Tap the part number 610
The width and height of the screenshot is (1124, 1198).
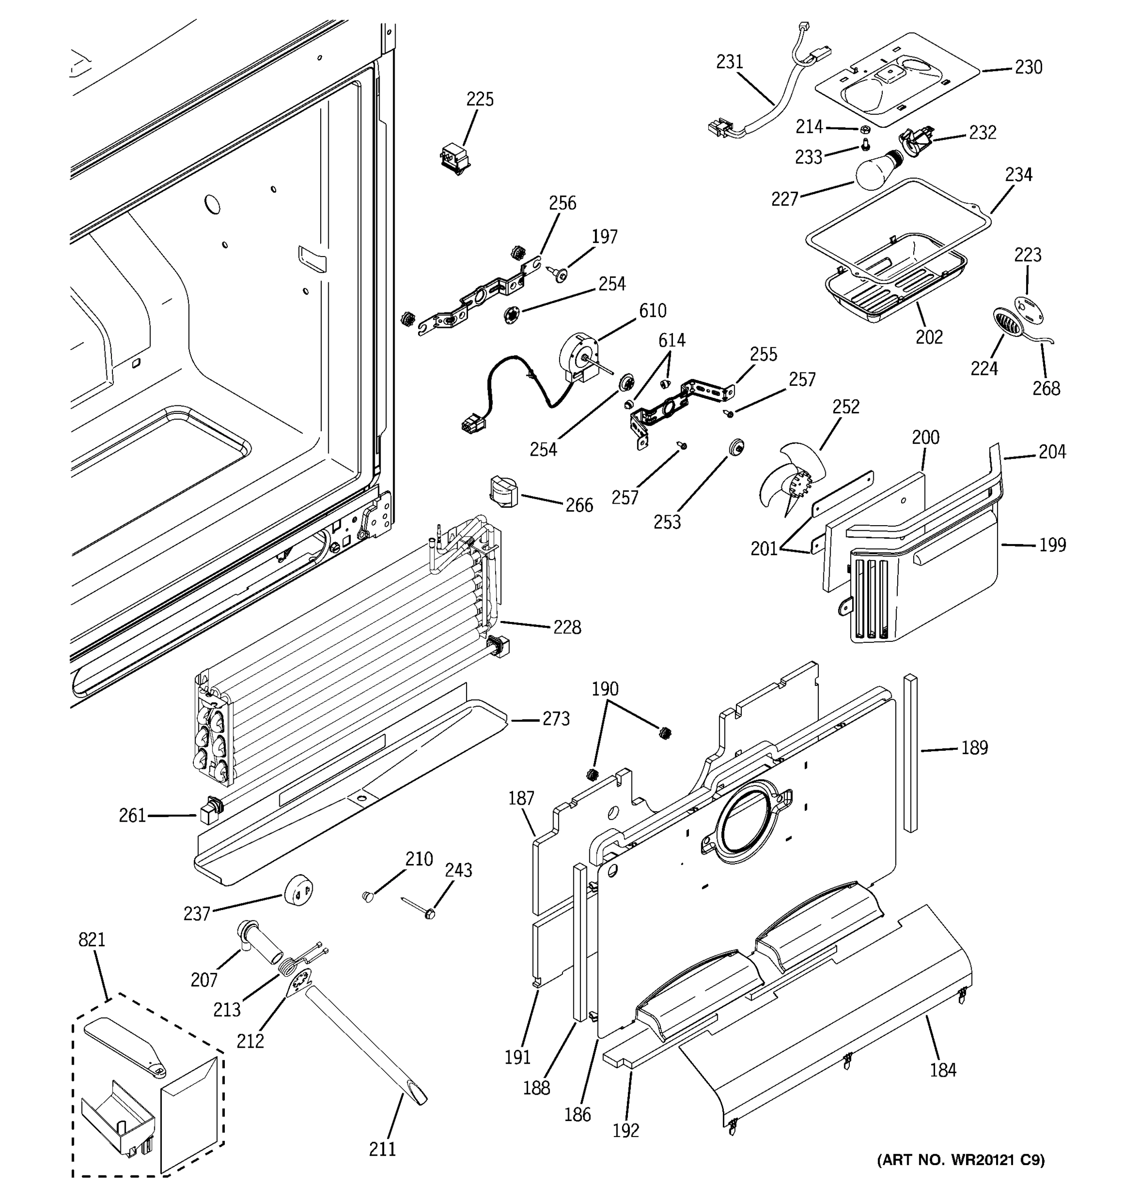[652, 311]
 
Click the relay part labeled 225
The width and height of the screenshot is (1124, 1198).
[455, 158]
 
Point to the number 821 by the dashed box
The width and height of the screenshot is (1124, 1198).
[91, 939]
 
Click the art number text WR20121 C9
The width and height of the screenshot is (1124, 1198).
[961, 1160]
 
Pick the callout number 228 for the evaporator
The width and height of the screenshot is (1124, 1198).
[567, 627]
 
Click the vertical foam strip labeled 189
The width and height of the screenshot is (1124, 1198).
[911, 753]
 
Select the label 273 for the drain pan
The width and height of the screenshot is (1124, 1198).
[556, 719]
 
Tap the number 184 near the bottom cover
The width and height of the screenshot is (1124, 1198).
[943, 1070]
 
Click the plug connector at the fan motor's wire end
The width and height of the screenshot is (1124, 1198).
[471, 425]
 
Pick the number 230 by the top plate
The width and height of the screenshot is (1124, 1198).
[1028, 67]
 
